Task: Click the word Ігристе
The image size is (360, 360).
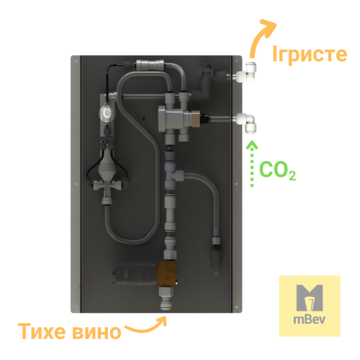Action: pyautogui.click(x=310, y=54)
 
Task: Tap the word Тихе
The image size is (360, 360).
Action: pyautogui.click(x=41, y=331)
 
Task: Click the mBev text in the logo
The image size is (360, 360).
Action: pyautogui.click(x=309, y=319)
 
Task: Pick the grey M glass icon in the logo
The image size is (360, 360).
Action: pyautogui.click(x=310, y=298)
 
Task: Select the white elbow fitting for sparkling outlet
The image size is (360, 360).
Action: pyautogui.click(x=246, y=73)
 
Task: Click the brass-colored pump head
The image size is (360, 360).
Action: pyautogui.click(x=167, y=273)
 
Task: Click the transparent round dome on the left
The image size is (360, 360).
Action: pyautogui.click(x=107, y=113)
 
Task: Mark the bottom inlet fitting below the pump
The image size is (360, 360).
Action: pyautogui.click(x=166, y=298)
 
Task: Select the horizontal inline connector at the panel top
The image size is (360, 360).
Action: pyautogui.click(x=150, y=65)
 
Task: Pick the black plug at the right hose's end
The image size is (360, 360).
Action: pyautogui.click(x=216, y=257)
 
